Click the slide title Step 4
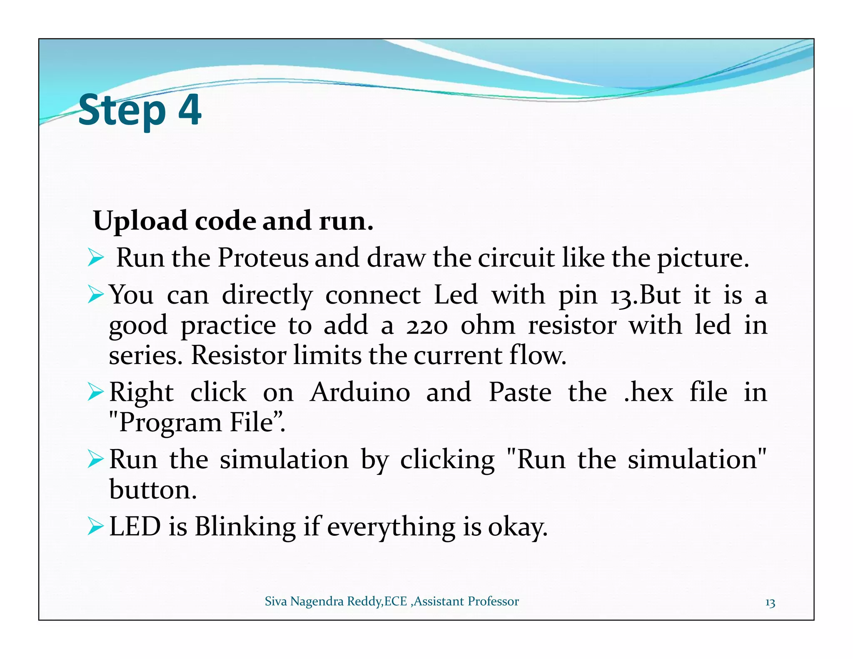[140, 110]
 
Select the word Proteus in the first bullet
[263, 257]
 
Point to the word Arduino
[360, 392]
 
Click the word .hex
[648, 392]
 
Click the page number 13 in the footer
[770, 603]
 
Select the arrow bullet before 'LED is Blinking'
[95, 527]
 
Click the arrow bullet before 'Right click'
[95, 392]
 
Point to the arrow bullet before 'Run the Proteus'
[95, 258]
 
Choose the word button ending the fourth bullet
[153, 489]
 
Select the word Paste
[520, 392]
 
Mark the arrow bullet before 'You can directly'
[95, 295]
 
